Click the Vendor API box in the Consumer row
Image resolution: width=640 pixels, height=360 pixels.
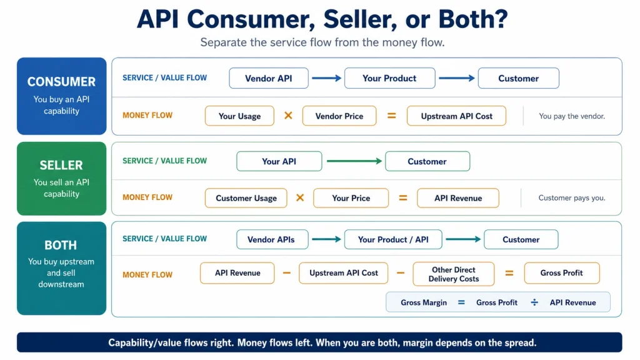(x=269, y=78)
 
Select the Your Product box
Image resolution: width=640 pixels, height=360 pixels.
(x=389, y=78)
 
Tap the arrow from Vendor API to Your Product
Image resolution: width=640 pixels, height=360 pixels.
(x=326, y=78)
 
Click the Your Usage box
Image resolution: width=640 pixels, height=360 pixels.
(x=239, y=116)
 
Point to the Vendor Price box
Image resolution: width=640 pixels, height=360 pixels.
(x=339, y=116)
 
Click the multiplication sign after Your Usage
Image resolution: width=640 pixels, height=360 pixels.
(x=288, y=116)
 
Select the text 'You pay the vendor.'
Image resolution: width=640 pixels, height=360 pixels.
(x=572, y=116)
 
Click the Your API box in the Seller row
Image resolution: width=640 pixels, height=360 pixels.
(x=279, y=161)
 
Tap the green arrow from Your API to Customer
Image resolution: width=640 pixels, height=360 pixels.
(x=354, y=161)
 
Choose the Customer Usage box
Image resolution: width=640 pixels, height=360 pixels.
(x=246, y=198)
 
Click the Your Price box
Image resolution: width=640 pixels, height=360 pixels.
(x=351, y=198)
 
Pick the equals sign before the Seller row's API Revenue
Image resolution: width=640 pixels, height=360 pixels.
(x=403, y=198)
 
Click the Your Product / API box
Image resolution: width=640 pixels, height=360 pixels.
(x=393, y=239)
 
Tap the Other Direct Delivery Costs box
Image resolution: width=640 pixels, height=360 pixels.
(x=454, y=274)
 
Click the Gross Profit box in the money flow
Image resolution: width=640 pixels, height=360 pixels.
(x=562, y=273)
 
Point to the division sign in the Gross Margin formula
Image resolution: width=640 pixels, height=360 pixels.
(x=534, y=302)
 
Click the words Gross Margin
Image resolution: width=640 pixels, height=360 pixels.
(x=424, y=302)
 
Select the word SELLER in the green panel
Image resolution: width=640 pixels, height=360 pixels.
(x=61, y=165)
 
